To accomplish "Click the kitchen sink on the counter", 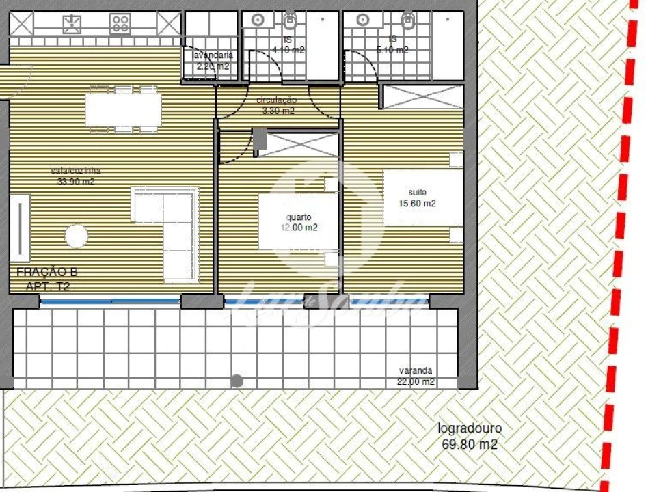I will click(x=72, y=25).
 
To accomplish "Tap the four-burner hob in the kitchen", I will click(x=120, y=25).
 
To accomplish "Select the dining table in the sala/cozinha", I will click(x=123, y=109).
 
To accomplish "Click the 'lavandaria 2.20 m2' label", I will click(x=212, y=61).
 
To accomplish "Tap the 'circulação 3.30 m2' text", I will click(x=276, y=105).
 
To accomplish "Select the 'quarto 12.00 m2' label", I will click(x=299, y=222).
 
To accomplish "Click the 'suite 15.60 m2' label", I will click(x=416, y=197).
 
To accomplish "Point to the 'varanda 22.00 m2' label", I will click(x=416, y=377).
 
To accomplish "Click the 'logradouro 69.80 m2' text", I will click(x=470, y=437).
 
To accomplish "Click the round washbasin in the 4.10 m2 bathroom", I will click(x=258, y=20).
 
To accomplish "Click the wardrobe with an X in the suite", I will click(x=422, y=96).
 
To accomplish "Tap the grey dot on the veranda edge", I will click(x=237, y=381).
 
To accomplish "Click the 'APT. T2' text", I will click(x=48, y=286).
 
